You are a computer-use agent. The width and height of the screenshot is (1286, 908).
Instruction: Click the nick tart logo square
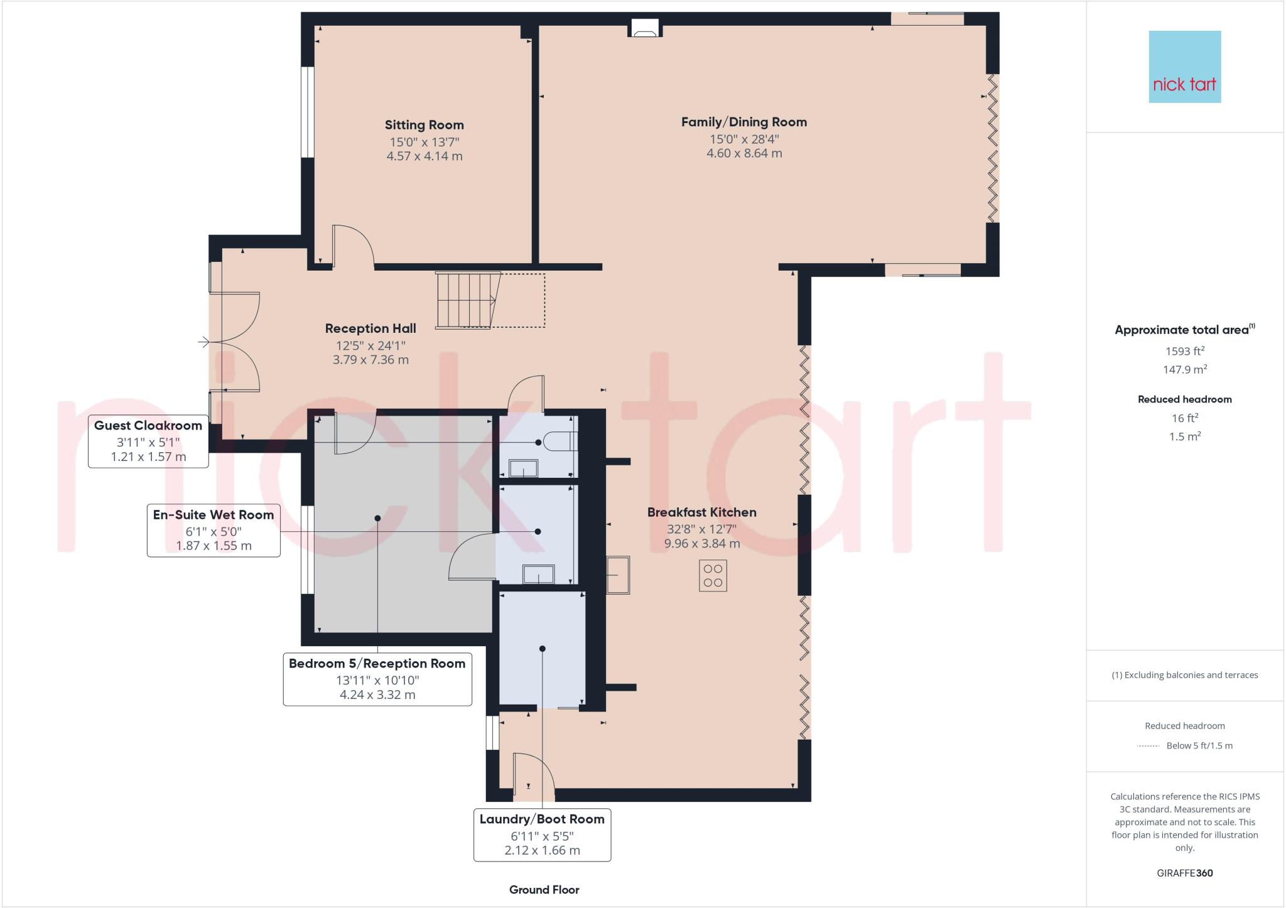(1184, 67)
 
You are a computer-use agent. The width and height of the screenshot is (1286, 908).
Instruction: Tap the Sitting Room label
(424, 125)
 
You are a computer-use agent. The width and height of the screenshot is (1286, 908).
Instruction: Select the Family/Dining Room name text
(743, 122)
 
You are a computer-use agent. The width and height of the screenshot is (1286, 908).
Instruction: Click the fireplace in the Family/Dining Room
(644, 29)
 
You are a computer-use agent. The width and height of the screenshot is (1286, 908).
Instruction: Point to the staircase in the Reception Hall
(468, 300)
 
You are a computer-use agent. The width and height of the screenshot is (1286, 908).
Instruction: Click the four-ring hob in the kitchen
(713, 575)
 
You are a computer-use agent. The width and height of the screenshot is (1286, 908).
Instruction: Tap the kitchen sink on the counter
(618, 575)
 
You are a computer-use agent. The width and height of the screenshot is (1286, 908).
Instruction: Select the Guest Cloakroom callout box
(148, 441)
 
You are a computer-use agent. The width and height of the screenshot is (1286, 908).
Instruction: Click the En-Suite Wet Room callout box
(213, 530)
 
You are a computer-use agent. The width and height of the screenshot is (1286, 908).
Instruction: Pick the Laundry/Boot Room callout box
(542, 835)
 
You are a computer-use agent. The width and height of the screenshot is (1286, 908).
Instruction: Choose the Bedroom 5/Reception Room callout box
(377, 679)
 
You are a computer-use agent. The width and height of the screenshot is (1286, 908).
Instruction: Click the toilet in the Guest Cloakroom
(561, 441)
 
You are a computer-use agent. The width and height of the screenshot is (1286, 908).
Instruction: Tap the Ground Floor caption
(544, 889)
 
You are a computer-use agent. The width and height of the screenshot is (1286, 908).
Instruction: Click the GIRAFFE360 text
(1184, 873)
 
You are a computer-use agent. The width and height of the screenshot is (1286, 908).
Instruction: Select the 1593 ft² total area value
(1184, 351)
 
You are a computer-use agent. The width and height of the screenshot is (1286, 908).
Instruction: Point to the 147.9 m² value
(1184, 369)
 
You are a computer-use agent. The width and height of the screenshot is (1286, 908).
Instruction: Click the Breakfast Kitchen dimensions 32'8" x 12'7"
(701, 529)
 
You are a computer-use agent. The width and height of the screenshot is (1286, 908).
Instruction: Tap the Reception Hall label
(370, 328)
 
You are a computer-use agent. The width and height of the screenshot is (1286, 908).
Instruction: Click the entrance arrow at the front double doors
(204, 342)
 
